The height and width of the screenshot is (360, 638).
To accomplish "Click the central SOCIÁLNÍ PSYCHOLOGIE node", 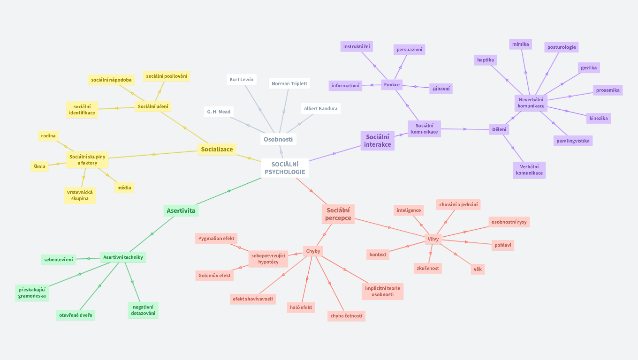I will [285, 168].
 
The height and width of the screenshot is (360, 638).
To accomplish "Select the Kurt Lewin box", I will [242, 79].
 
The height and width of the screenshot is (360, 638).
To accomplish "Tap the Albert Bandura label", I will [320, 108].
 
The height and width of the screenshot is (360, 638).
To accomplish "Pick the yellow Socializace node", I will [217, 149].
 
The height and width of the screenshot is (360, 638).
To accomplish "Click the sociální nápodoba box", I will [111, 80].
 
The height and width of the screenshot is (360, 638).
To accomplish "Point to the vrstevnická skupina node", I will [80, 195].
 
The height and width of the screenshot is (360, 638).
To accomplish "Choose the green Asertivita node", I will [181, 210].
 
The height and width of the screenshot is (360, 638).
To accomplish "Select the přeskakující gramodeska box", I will [32, 292].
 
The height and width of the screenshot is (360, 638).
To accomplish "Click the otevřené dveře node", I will [76, 315].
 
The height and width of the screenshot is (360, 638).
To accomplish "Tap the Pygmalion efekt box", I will [216, 238].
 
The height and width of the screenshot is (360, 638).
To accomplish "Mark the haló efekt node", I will [301, 307].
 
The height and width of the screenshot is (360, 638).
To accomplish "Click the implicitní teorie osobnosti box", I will [382, 291].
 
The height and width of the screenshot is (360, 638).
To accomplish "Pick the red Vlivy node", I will [433, 239].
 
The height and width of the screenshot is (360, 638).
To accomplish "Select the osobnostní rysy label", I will [509, 222].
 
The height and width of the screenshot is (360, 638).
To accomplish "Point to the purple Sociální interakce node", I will [377, 141].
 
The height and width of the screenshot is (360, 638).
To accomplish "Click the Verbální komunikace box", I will [529, 170].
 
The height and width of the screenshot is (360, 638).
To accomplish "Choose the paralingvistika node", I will [573, 141].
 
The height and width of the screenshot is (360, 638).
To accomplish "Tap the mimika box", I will [520, 44].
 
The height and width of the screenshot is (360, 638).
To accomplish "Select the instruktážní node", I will [357, 46].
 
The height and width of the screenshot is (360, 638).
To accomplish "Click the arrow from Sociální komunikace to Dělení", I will [465, 129].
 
